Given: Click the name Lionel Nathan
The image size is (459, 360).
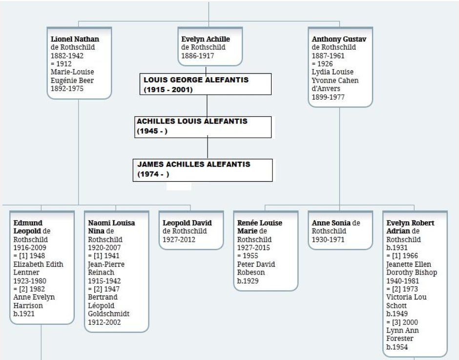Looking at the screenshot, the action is click(x=75, y=39).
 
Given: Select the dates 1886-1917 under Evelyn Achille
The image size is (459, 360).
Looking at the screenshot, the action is click(x=198, y=56).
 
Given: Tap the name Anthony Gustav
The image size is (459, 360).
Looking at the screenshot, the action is click(x=339, y=39).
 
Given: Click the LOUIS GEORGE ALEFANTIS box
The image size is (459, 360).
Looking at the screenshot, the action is click(x=206, y=84).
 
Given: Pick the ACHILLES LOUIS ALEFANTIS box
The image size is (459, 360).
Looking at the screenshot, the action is click(x=203, y=127).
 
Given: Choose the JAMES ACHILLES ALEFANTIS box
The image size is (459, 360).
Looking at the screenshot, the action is click(x=203, y=170).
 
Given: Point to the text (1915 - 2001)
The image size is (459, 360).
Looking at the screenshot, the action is click(x=168, y=90).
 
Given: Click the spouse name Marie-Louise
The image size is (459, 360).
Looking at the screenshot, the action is click(x=72, y=72).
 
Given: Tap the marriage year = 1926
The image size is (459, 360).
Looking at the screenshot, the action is click(x=322, y=64).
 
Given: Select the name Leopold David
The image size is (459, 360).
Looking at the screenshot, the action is click(x=187, y=223).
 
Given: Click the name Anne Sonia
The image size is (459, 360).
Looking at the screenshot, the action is click(x=331, y=223).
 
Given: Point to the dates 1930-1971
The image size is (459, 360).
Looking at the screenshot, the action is click(x=328, y=240).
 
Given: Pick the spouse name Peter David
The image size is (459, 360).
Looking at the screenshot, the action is click(x=256, y=265).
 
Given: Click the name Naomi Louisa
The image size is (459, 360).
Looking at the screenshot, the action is click(x=111, y=223).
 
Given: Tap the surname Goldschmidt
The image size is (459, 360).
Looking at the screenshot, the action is click(x=108, y=314).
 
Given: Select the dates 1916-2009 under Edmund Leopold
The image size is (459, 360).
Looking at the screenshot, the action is click(x=30, y=248).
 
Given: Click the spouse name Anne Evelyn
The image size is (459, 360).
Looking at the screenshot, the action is click(x=34, y=297).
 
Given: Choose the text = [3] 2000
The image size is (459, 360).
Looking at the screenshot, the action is click(x=402, y=322).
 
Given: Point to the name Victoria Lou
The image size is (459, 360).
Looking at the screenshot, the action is click(x=406, y=297).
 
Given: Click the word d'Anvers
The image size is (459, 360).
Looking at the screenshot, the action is click(x=326, y=89).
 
